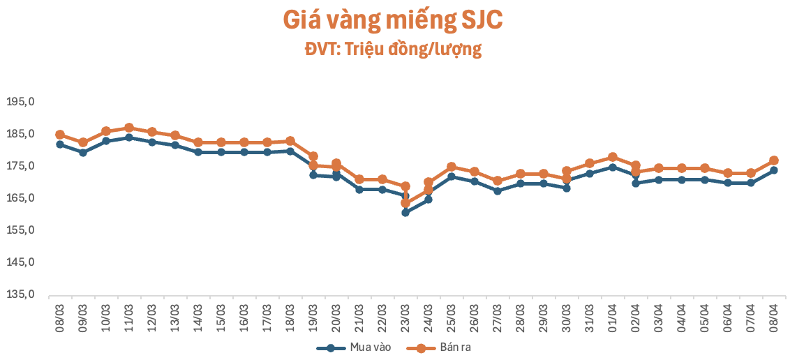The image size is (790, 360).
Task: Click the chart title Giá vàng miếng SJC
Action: point(393,20)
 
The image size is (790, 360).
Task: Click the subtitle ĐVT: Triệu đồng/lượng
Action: point(393,50)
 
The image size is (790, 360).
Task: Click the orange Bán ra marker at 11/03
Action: point(129,128)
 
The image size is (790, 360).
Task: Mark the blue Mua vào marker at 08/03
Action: point(60,144)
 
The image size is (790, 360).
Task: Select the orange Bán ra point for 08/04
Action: point(773,160)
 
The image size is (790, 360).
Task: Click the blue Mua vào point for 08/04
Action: point(773,170)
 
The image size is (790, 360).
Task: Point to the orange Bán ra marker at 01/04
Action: point(612,157)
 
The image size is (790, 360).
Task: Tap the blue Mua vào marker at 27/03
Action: point(497,190)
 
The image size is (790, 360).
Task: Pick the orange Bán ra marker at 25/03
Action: point(451,167)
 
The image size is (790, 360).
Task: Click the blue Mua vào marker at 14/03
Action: point(198,152)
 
